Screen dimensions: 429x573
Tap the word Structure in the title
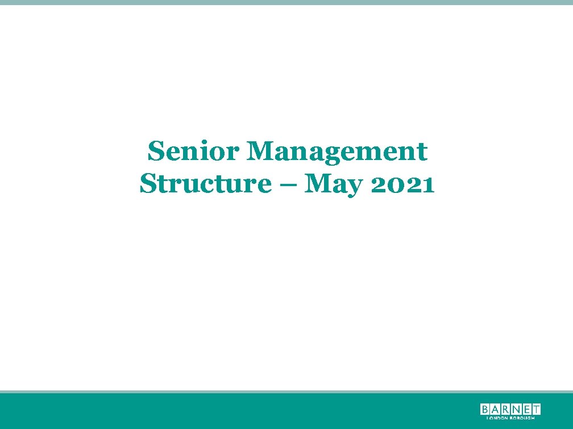pos(205,184)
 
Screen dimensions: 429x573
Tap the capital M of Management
pos(261,152)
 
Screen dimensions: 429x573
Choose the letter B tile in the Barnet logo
pos(485,409)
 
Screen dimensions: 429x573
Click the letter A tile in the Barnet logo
pos(496,409)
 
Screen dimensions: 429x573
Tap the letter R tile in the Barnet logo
pos(506,409)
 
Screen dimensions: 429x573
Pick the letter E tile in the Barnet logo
pos(526,409)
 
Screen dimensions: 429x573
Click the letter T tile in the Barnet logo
pos(536,409)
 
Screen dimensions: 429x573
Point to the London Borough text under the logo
pos(510,418)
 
